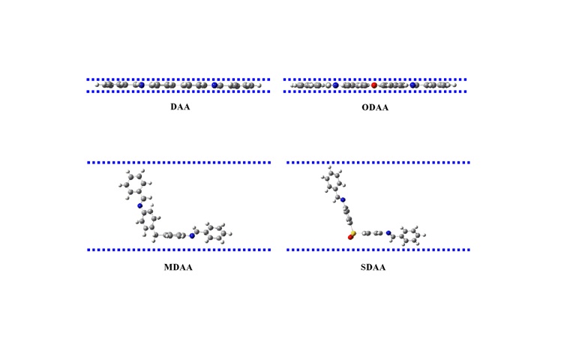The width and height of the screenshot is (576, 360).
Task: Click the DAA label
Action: (179, 107)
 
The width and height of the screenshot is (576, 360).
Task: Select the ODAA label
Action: (375, 107)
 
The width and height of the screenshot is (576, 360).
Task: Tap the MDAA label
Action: (178, 268)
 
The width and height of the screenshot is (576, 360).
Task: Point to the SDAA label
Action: (373, 268)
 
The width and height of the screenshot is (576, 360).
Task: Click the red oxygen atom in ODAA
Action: (374, 85)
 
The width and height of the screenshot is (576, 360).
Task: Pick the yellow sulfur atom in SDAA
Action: (353, 234)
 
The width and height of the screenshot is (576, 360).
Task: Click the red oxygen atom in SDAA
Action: (350, 238)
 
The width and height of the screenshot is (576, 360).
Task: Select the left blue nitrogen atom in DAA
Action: (139, 85)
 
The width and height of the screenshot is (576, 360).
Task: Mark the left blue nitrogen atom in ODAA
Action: (335, 85)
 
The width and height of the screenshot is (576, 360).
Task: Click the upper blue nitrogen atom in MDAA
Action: (139, 205)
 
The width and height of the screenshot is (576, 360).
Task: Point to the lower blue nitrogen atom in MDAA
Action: (192, 235)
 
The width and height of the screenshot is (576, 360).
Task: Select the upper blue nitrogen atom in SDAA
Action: (343, 200)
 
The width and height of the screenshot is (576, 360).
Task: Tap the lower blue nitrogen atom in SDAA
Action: (388, 233)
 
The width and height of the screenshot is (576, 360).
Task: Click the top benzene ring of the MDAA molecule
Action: (133, 184)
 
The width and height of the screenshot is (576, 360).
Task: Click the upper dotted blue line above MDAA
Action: (178, 162)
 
